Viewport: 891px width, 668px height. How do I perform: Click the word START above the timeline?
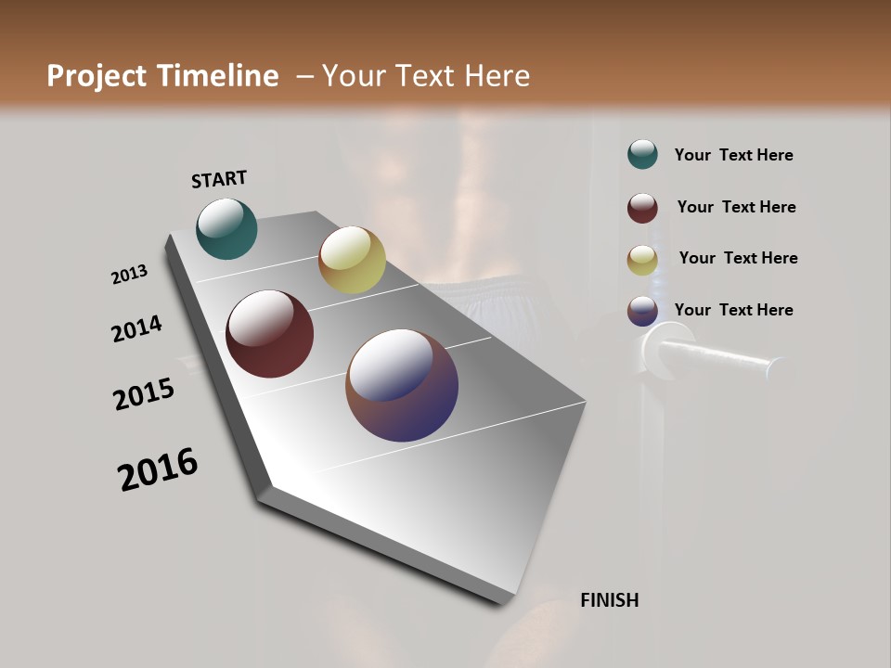219,179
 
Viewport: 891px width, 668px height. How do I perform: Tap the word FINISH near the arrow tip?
609,600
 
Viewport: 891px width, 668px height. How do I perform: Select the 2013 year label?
130,275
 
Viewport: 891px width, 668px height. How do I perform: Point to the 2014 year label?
136,328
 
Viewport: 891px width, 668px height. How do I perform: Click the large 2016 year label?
158,469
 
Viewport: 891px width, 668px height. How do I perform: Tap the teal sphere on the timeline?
226,228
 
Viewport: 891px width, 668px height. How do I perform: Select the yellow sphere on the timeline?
352,260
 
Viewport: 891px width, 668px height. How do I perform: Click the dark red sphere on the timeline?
269,334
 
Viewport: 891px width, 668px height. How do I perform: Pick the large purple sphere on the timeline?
402,385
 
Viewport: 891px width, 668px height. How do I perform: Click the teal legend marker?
642,155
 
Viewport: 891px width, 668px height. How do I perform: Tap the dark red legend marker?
642,208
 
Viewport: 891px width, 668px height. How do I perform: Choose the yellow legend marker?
642,259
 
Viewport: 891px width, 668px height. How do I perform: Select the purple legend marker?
642,311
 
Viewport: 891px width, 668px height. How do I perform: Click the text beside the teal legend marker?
733,155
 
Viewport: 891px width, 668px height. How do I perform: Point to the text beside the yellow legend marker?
738,258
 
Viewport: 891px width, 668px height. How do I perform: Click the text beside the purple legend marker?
733,310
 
